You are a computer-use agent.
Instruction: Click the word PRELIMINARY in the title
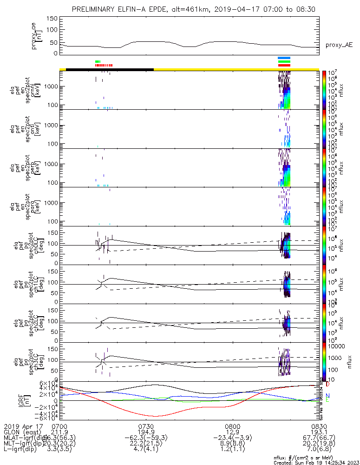point(93,9)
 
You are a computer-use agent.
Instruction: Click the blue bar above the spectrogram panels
point(284,58)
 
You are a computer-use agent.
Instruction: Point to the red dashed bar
point(104,66)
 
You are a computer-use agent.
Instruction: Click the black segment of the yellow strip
point(110,69)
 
